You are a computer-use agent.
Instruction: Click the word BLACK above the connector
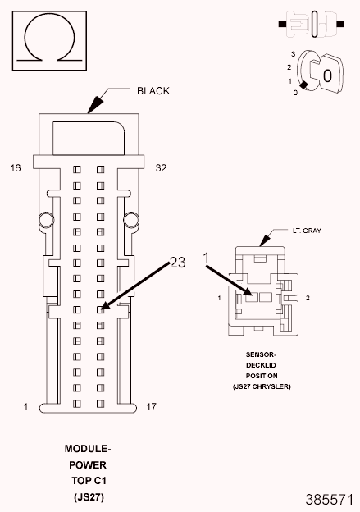tap(153, 91)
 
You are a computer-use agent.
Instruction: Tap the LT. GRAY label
tap(307, 231)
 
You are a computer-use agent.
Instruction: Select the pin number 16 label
tap(16, 168)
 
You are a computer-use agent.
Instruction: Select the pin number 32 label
tap(161, 168)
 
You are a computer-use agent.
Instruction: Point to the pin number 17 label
tap(151, 407)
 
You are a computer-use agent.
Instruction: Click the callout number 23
tap(178, 263)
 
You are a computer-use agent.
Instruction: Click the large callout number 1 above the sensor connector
tap(206, 258)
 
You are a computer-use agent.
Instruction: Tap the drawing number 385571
tap(330, 500)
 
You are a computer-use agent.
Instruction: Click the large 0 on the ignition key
tap(327, 75)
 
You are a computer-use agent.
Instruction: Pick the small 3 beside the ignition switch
tap(293, 54)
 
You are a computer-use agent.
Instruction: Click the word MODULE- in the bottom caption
tap(88, 449)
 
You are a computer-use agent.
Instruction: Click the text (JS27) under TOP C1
tap(89, 497)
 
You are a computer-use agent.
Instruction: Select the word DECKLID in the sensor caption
tap(261, 365)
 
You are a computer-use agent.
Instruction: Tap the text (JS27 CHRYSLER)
tap(262, 386)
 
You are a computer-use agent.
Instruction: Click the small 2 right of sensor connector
tap(308, 298)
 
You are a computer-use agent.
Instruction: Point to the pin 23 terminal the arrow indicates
tap(101, 309)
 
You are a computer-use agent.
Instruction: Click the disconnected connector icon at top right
tap(312, 24)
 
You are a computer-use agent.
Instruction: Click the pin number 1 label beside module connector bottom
tap(25, 407)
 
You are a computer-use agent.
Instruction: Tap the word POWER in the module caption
tap(88, 465)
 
